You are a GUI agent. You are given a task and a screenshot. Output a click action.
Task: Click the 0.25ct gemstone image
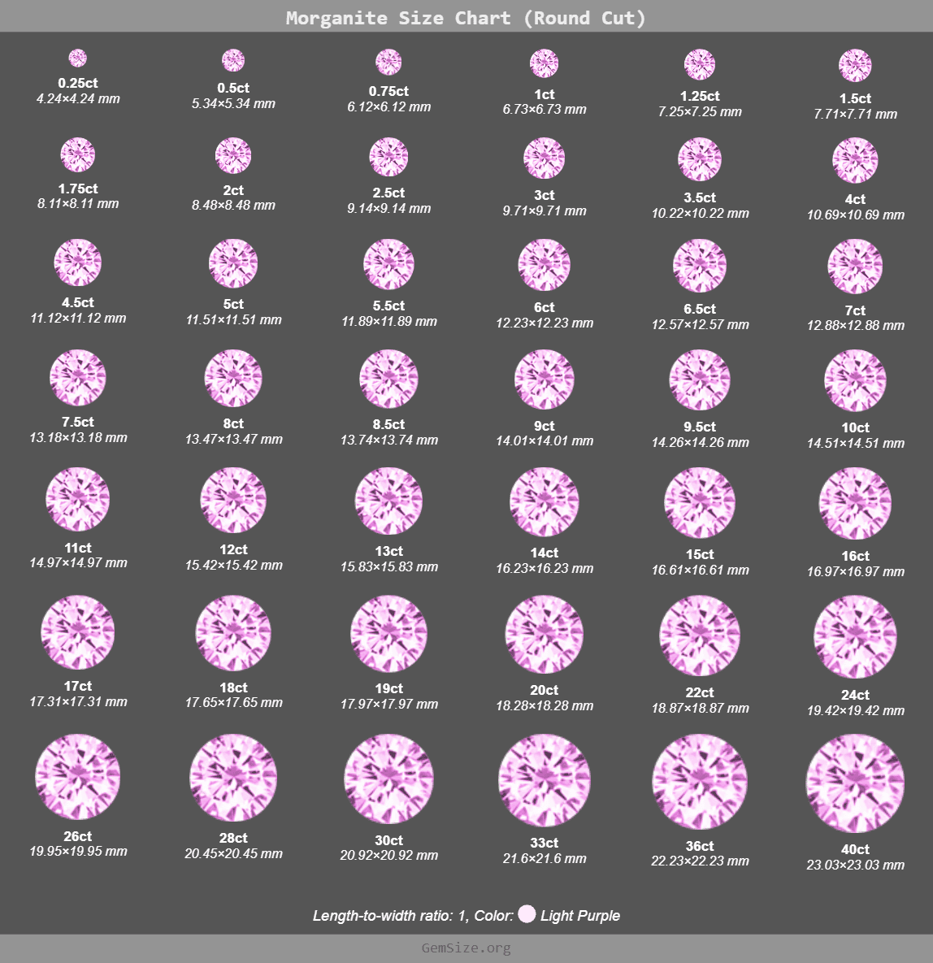point(78,59)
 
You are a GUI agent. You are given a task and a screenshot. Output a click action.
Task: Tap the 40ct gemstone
point(855,783)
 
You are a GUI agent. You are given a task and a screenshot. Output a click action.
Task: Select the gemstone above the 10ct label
point(855,381)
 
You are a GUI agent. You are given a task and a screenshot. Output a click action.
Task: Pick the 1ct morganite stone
point(545,63)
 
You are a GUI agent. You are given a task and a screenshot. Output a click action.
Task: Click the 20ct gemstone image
point(545,635)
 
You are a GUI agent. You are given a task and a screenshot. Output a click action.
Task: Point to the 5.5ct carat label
point(388,306)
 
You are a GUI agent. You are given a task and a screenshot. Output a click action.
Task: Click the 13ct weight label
point(388,552)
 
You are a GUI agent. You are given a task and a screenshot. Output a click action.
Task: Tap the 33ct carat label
point(545,844)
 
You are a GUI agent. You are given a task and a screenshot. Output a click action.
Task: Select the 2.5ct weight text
point(388,193)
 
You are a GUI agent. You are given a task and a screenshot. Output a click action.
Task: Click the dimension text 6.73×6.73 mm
point(545,110)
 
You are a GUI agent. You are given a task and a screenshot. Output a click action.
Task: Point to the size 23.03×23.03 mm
point(855,865)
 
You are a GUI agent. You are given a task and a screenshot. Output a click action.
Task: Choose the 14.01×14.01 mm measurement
point(545,441)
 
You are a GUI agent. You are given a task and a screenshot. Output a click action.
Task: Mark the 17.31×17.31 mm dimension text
point(78,701)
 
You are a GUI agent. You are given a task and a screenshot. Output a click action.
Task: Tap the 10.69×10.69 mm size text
point(855,215)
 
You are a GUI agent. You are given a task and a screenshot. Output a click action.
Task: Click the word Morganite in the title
point(336,18)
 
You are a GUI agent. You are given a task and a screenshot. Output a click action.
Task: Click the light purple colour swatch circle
point(527,914)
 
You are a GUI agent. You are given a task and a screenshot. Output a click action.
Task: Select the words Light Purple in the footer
point(579,916)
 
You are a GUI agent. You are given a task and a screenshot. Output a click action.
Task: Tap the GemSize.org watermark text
point(466,948)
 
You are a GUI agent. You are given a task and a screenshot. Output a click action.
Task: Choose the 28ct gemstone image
point(233,778)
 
